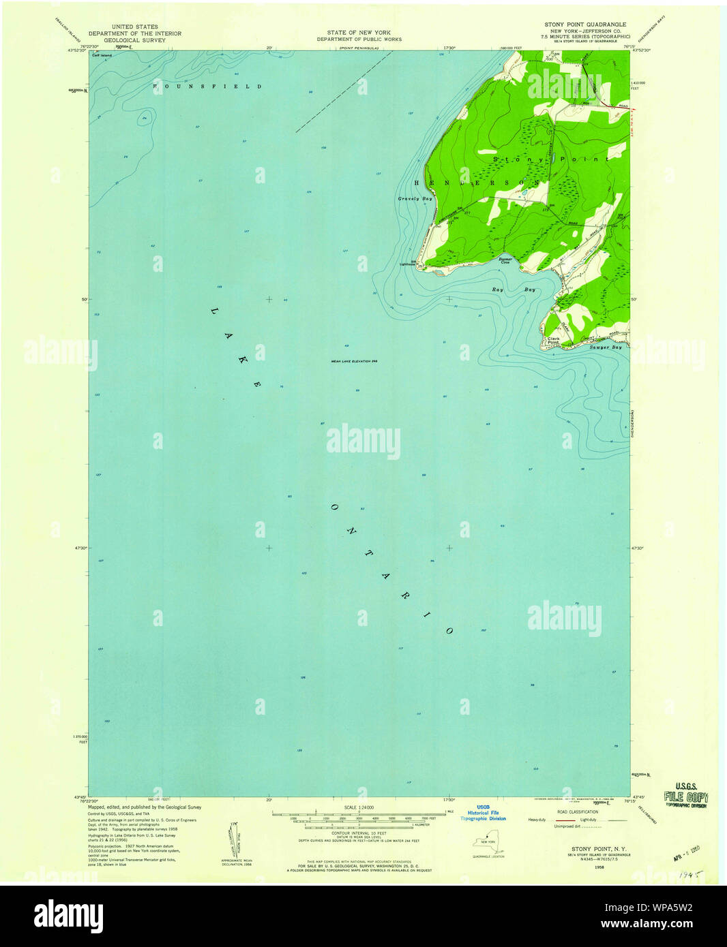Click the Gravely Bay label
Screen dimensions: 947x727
pyautogui.click(x=415, y=199)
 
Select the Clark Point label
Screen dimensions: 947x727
pyautogui.click(x=552, y=340)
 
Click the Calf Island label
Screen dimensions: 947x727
pyautogui.click(x=102, y=56)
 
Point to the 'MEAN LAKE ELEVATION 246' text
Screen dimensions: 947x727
pyautogui.click(x=354, y=362)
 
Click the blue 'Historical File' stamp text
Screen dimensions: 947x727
pyautogui.click(x=483, y=813)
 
